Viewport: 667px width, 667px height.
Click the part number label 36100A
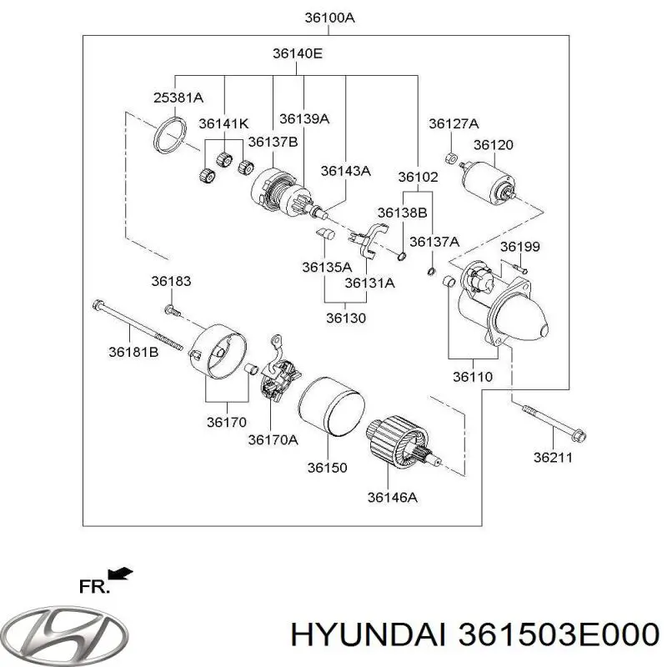328,17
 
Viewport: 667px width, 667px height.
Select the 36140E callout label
297,53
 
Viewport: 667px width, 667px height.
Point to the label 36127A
454,123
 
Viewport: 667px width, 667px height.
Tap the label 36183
171,282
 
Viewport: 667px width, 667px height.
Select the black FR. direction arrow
121,573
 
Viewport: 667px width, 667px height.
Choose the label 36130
346,317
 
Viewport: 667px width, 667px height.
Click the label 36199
520,247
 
